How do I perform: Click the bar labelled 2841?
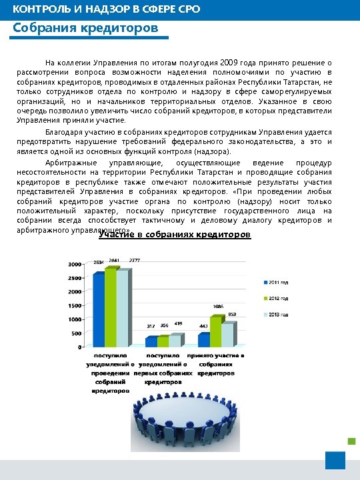(111, 307)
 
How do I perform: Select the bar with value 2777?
(123, 308)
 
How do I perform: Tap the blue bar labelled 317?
(151, 341)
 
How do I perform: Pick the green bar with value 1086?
(216, 331)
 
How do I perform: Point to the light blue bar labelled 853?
(228, 335)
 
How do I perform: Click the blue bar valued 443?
(203, 340)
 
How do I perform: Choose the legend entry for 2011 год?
(277, 282)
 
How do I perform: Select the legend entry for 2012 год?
(277, 298)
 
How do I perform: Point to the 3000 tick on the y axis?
(74, 264)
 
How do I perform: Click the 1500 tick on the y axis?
(74, 305)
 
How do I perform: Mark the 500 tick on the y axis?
(75, 333)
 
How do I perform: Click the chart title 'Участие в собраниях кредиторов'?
(175, 235)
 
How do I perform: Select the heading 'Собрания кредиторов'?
(85, 29)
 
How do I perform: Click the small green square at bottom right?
(351, 440)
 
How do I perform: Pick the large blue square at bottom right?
(335, 461)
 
